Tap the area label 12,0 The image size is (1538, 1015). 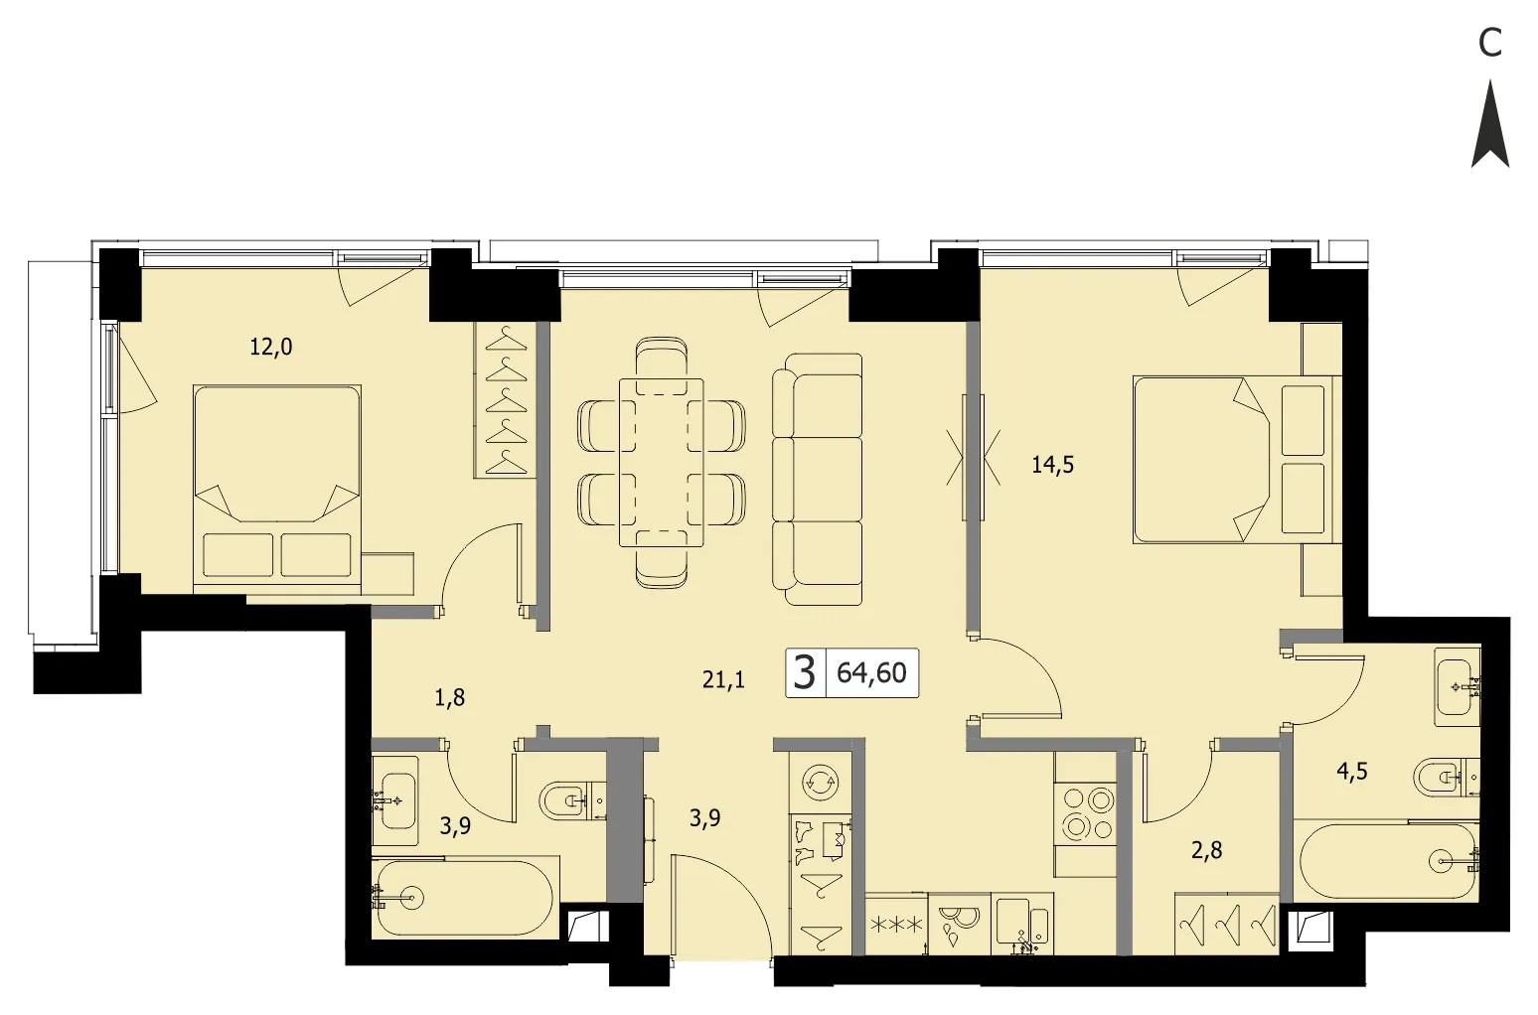270,348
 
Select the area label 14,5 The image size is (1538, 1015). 1052,466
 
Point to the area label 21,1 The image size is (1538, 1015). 723,680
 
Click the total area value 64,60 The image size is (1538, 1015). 871,673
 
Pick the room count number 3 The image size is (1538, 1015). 804,672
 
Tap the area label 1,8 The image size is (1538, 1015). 450,698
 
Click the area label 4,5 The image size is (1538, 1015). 1352,772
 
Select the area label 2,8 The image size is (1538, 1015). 1206,850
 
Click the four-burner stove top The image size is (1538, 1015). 1086,814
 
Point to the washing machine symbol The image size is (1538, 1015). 820,782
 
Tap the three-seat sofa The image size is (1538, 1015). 817,479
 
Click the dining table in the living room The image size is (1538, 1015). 662,463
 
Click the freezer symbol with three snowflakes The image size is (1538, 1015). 896,924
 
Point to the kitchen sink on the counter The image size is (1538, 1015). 1022,924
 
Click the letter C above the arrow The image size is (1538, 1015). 1490,44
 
